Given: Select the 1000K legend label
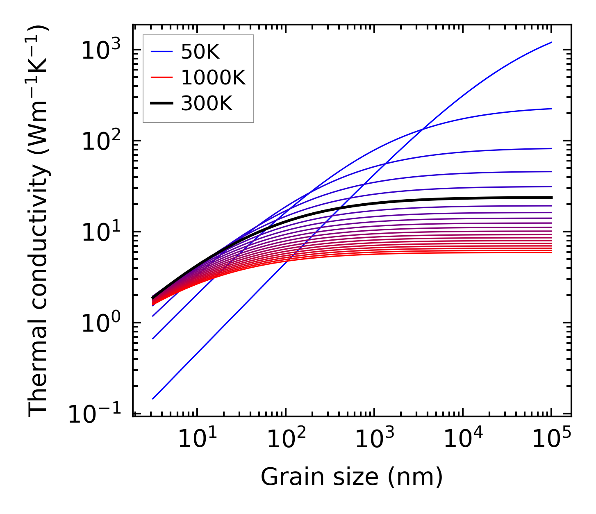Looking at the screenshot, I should tap(213, 77).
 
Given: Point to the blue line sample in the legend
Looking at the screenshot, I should tap(162, 52).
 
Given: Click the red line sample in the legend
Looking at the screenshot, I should tap(162, 77).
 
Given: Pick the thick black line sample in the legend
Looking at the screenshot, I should tap(162, 103).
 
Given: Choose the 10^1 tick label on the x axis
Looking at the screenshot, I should tap(197, 439).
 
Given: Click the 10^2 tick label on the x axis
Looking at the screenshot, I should tap(286, 439).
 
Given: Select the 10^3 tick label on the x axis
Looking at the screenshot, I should tap(374, 439).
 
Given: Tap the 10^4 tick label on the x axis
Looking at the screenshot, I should tap(463, 439).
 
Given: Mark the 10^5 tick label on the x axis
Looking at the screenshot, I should tap(551, 439).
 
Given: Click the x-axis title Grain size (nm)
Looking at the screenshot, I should tap(352, 477).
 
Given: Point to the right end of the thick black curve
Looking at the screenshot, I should tap(551, 198).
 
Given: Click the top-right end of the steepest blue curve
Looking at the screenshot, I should tap(551, 42).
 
